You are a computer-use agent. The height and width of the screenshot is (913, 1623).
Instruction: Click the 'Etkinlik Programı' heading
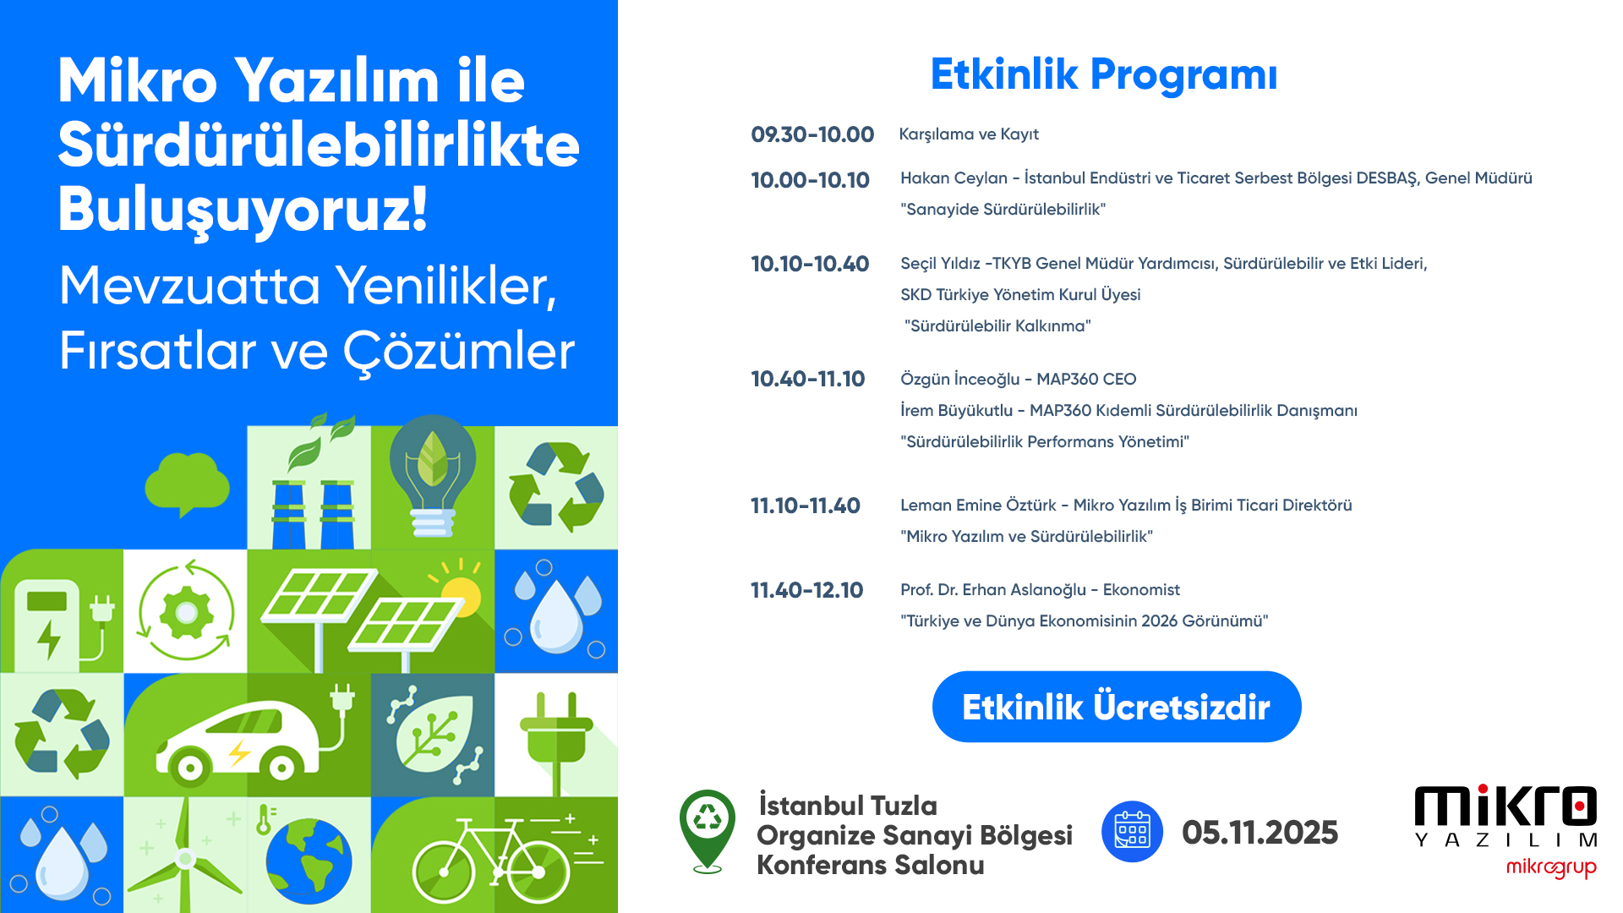pos(1104,75)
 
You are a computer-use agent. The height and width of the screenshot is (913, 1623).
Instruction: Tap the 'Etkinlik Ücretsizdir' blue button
pos(1117,707)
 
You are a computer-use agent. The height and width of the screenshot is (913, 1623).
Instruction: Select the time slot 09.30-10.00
pos(812,134)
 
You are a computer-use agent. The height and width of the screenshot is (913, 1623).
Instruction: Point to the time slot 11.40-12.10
pos(807,590)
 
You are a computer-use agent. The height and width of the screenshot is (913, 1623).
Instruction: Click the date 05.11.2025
pos(1260,833)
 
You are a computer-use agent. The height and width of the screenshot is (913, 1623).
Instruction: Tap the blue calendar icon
pos(1133,832)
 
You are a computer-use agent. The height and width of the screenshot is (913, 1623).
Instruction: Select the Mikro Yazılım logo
pos(1506,816)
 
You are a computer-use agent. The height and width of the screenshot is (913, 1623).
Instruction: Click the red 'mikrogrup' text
pos(1551,868)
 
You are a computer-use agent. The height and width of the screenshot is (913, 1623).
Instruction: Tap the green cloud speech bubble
pos(187,484)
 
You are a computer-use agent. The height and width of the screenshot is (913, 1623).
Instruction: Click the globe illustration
pos(308,861)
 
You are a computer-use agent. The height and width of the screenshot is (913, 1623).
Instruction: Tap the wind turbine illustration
pos(185,856)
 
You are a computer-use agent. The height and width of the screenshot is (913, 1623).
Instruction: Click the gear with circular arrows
pos(186,611)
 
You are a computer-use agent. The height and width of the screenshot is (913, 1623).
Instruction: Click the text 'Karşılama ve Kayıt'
pos(969,134)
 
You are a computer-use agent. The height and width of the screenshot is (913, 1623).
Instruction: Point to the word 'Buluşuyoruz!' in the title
pos(243,209)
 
